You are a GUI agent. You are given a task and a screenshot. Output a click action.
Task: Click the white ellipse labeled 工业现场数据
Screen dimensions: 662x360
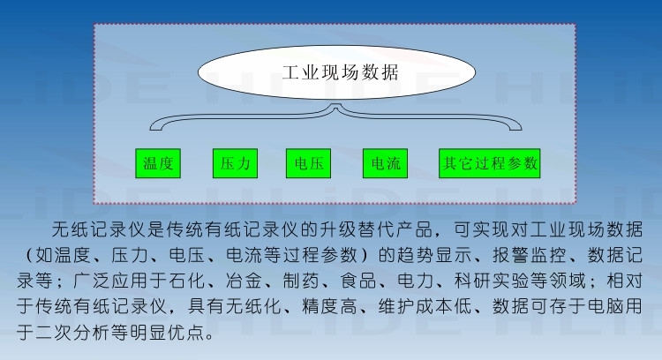(336, 72)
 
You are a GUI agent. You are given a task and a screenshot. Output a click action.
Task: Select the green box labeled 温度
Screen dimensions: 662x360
(158, 163)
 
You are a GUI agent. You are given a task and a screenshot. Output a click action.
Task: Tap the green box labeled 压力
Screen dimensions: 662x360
(235, 163)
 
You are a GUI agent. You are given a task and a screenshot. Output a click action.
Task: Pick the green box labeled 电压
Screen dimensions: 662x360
(308, 163)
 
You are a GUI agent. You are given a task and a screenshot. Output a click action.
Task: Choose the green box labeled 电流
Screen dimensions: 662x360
(385, 163)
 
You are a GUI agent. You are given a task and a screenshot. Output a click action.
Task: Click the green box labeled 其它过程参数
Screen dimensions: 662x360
(489, 163)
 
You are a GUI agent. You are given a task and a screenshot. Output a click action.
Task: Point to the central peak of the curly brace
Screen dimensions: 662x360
(336, 107)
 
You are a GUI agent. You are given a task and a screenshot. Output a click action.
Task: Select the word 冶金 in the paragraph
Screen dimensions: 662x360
(244, 281)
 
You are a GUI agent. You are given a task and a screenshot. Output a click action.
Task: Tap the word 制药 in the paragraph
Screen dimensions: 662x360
(301, 281)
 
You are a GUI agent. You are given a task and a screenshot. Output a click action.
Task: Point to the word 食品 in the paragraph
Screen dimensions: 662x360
(358, 281)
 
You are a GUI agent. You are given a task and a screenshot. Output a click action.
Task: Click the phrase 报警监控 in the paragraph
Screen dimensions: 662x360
(530, 255)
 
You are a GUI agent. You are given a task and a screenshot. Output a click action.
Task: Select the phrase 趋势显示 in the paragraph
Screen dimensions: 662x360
(434, 255)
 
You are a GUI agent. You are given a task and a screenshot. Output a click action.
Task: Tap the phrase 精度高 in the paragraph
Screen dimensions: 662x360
(329, 306)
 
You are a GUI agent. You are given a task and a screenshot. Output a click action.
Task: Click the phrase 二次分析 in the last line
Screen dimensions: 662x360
(72, 333)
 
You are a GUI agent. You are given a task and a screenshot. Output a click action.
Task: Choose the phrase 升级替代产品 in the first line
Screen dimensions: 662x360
(377, 229)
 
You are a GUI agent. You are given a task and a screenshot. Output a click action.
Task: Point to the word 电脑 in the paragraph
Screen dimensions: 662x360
(605, 306)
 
